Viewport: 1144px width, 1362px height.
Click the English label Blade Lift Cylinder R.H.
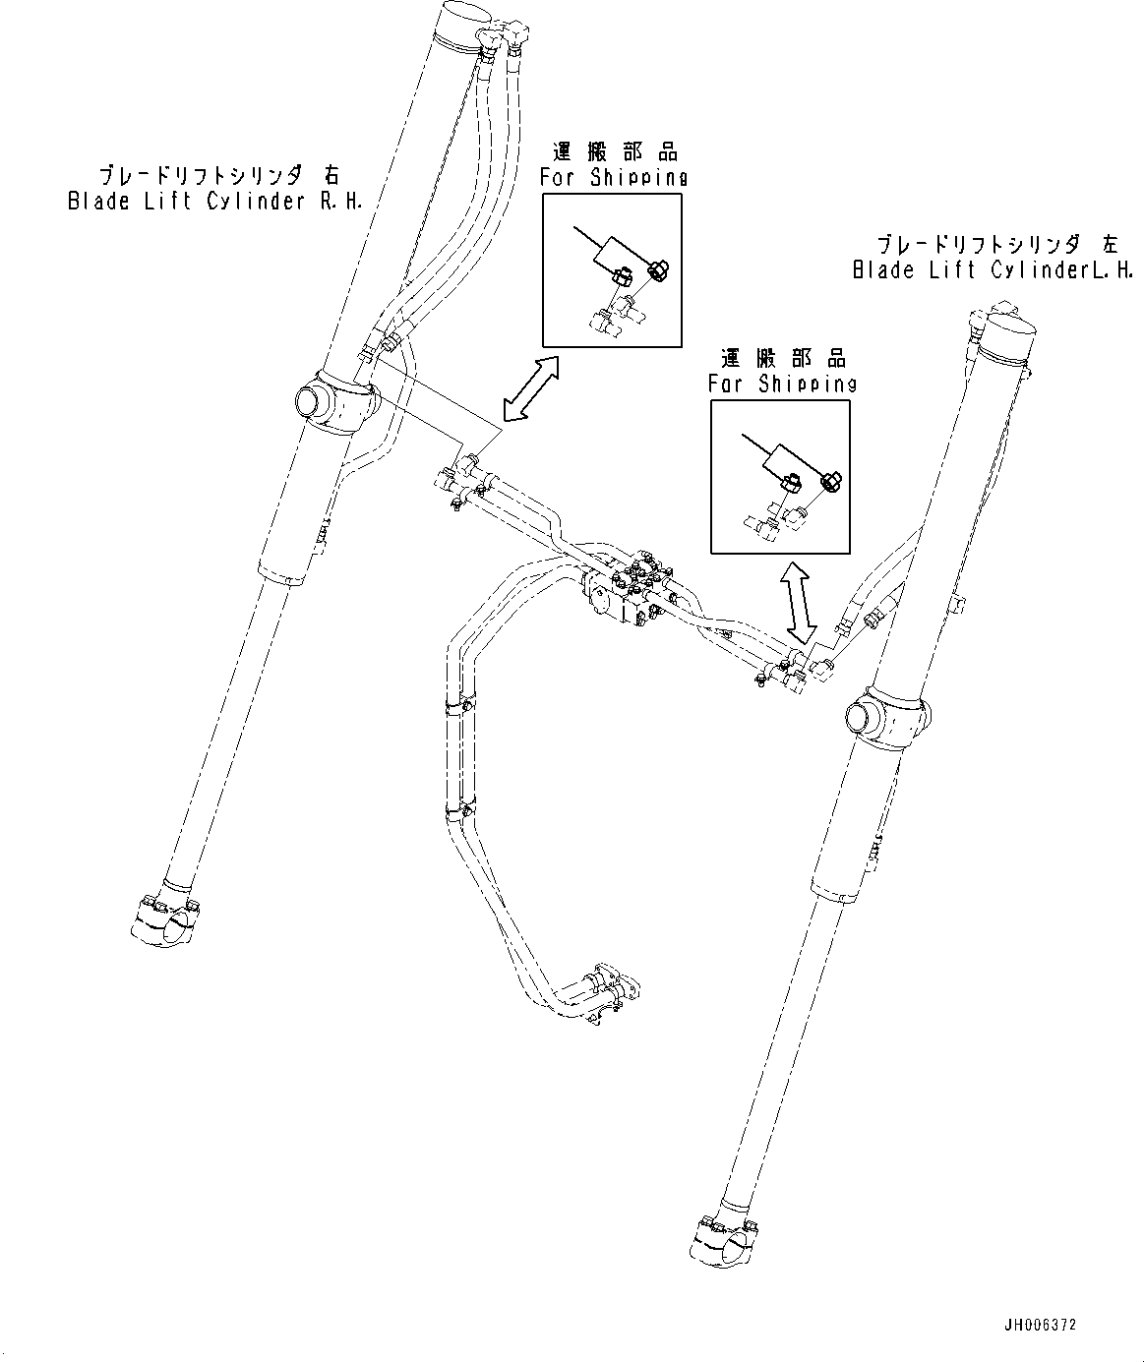(x=214, y=203)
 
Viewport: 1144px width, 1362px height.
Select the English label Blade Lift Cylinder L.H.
(x=993, y=270)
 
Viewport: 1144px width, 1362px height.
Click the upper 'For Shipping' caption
(x=613, y=178)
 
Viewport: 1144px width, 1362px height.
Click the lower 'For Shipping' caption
(x=783, y=383)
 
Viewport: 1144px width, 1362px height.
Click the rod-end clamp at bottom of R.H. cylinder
(x=165, y=918)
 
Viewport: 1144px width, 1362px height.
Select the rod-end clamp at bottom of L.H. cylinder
(x=726, y=1241)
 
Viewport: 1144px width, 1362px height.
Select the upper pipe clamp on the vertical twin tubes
(x=460, y=705)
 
